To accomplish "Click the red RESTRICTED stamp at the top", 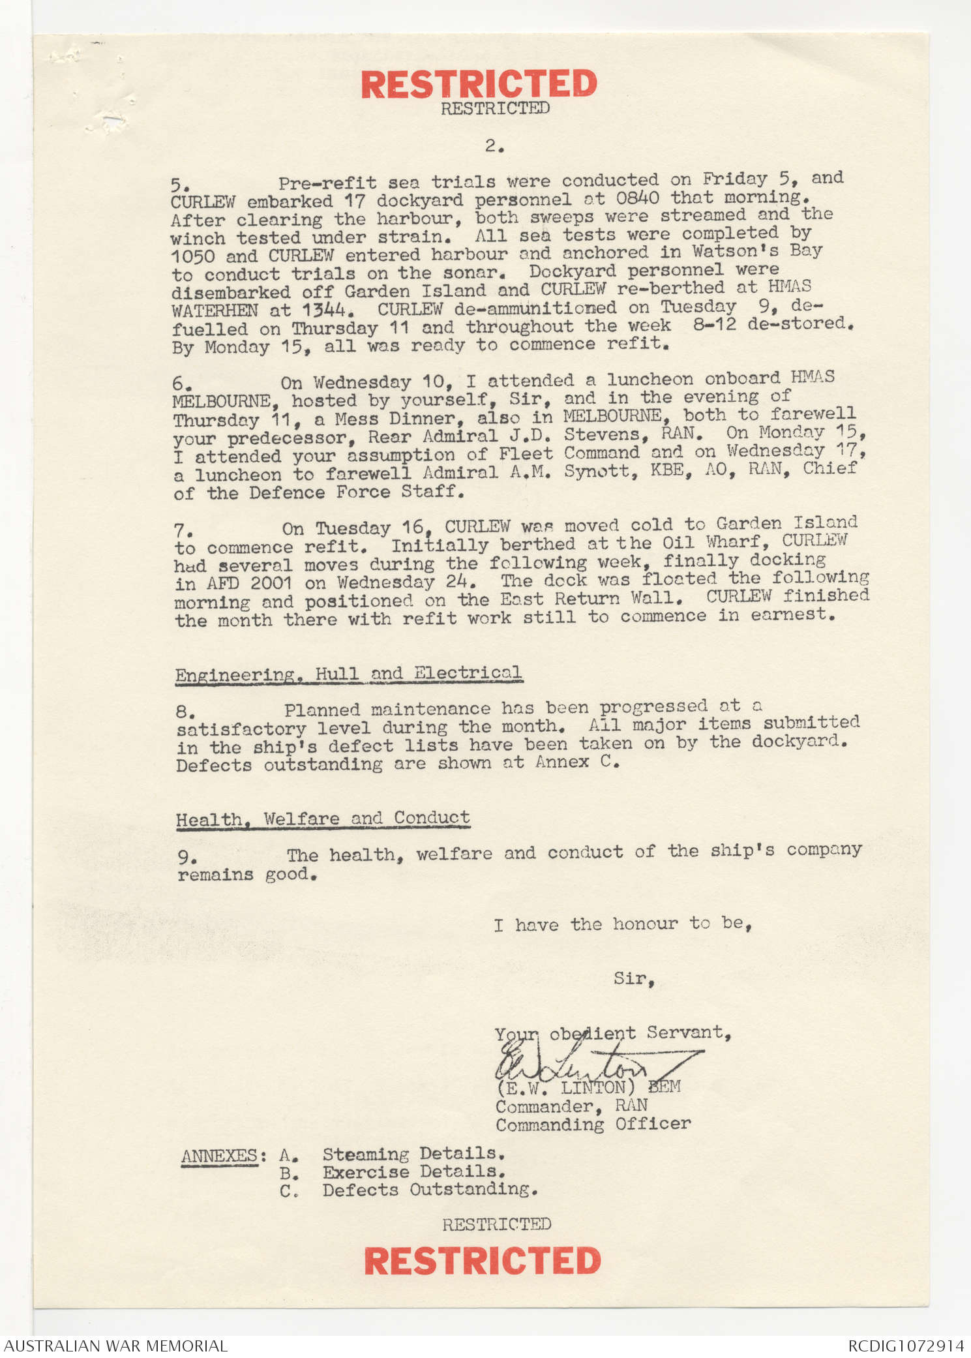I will pyautogui.click(x=479, y=84).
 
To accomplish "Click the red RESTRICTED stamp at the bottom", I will pyautogui.click(x=483, y=1260).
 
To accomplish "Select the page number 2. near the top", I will pyautogui.click(x=494, y=146).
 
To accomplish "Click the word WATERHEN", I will pyautogui.click(x=215, y=310).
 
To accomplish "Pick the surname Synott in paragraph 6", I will pyautogui.click(x=601, y=470).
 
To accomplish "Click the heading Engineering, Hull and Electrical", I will pyautogui.click(x=348, y=674).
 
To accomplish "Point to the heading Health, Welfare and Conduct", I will pyautogui.click(x=323, y=819).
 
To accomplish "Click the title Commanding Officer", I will pyautogui.click(x=593, y=1124).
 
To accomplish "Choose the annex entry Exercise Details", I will pyautogui.click(x=413, y=1171).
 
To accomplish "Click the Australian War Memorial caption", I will pyautogui.click(x=115, y=1346).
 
